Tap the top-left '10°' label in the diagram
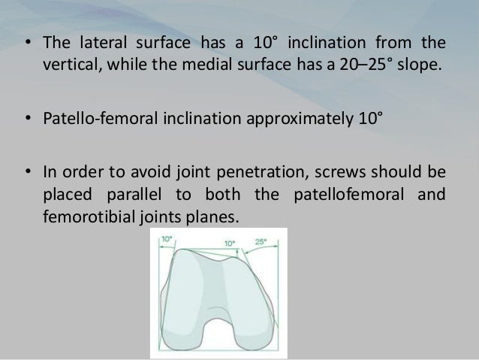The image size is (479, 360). [x=166, y=237]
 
